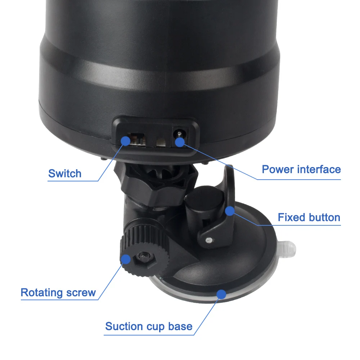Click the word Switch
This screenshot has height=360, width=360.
(65, 174)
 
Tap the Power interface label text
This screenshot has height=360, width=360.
(301, 170)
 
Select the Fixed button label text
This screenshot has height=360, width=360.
(309, 217)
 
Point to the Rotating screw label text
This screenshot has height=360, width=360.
(58, 292)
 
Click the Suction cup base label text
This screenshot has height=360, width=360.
(149, 326)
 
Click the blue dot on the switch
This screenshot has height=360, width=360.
(125, 141)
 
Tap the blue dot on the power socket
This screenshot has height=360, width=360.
(180, 142)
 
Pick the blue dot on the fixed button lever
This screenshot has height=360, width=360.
(230, 211)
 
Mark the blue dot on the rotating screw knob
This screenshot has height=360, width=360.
(125, 259)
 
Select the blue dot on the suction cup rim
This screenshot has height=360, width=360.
(221, 294)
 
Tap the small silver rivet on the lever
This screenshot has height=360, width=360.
(209, 240)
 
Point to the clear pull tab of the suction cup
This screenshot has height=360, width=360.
(287, 249)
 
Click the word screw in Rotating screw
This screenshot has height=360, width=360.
(81, 293)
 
